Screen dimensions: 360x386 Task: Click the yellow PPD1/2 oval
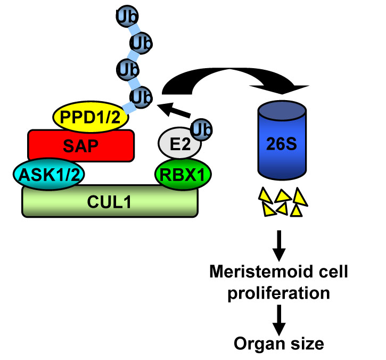click(x=91, y=116)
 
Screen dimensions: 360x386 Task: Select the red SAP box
click(x=80, y=144)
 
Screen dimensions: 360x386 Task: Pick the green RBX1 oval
click(x=183, y=173)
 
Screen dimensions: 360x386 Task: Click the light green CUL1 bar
click(x=110, y=201)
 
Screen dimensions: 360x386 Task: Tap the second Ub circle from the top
click(x=140, y=42)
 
